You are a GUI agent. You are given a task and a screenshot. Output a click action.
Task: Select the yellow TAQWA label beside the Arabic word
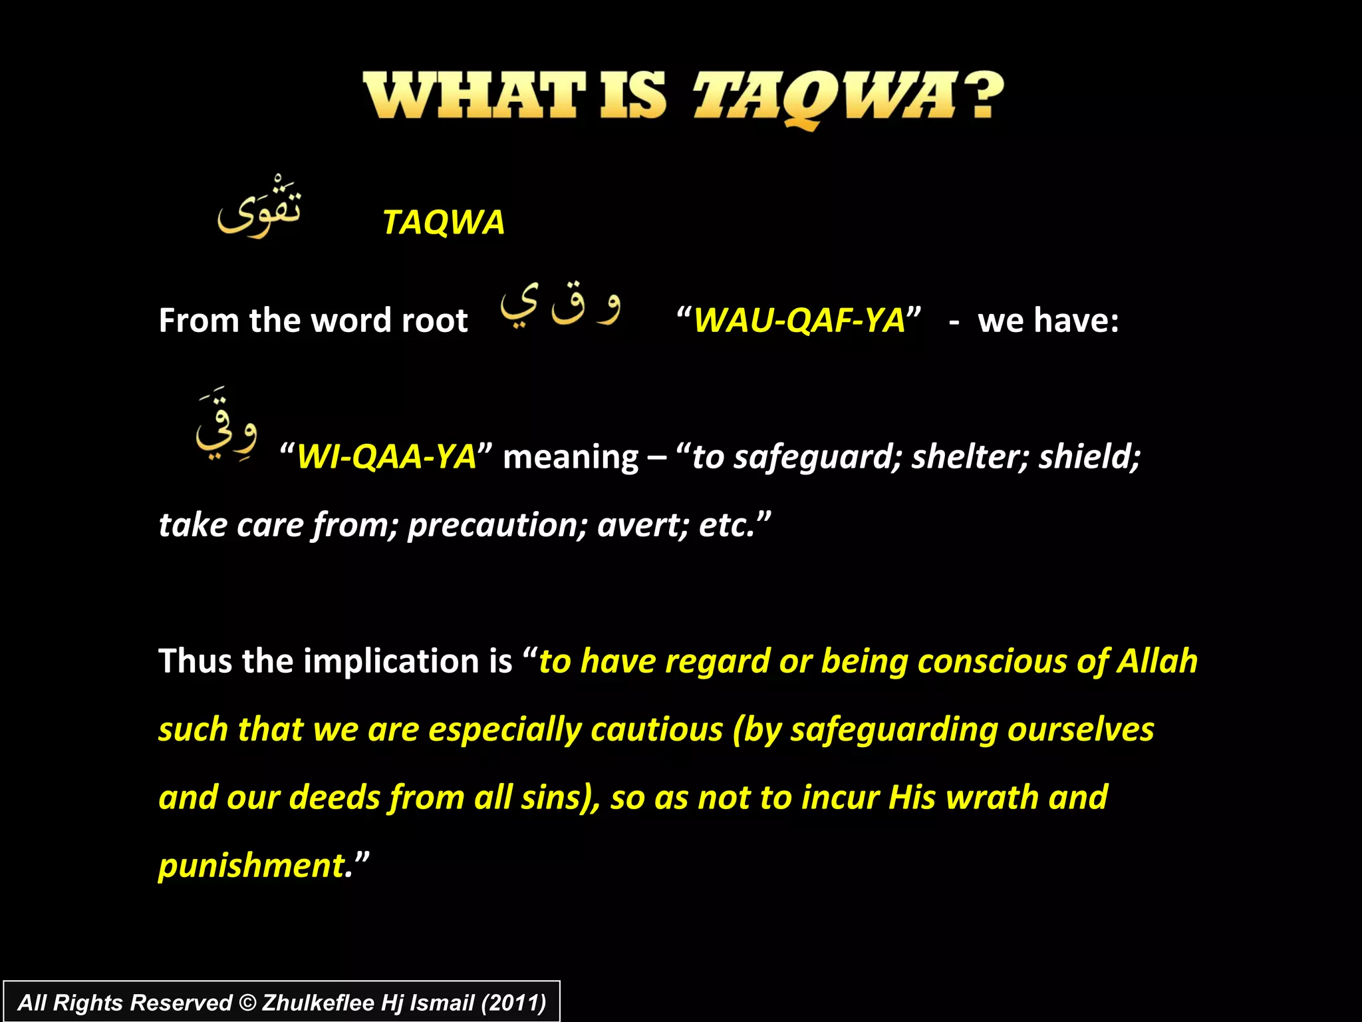click(444, 222)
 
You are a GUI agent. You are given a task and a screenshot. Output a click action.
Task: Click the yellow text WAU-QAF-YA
click(799, 321)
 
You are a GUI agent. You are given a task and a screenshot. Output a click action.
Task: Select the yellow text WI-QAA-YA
click(386, 457)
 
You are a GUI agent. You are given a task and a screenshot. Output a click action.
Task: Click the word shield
click(1089, 457)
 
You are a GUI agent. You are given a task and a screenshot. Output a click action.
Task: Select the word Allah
click(1157, 661)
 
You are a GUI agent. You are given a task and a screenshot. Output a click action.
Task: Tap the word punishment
click(251, 866)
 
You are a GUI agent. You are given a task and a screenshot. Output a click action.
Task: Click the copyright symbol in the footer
click(247, 1003)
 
